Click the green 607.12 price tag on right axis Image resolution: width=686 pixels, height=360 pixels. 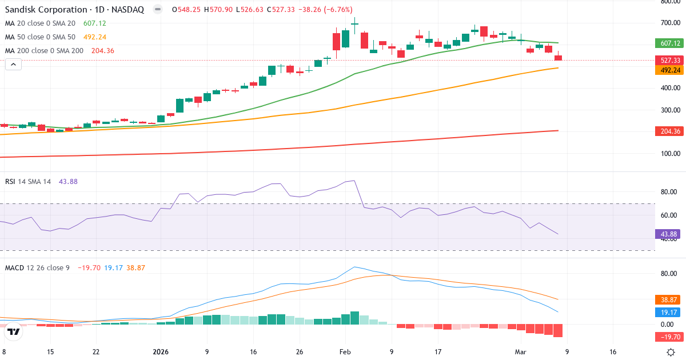tap(669, 43)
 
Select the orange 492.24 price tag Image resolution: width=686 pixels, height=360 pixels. tap(669, 70)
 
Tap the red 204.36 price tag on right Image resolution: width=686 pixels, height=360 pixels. tap(669, 131)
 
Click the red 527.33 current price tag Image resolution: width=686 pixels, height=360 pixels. tap(669, 60)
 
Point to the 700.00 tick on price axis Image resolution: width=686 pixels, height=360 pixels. tap(669, 23)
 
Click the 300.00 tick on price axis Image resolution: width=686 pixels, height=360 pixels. tap(669, 110)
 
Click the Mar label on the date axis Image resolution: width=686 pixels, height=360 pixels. tap(520, 352)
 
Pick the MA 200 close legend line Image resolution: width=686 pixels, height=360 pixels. tap(43, 50)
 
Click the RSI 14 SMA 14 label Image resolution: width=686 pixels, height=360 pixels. tap(28, 181)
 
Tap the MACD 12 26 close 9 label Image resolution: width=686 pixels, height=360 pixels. tap(37, 267)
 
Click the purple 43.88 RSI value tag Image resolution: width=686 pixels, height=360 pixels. tap(669, 234)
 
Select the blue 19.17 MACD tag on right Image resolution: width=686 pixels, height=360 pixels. tap(669, 311)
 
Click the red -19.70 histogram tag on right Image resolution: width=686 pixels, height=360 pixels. tap(669, 337)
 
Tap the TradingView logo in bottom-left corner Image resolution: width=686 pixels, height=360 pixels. tap(14, 331)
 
